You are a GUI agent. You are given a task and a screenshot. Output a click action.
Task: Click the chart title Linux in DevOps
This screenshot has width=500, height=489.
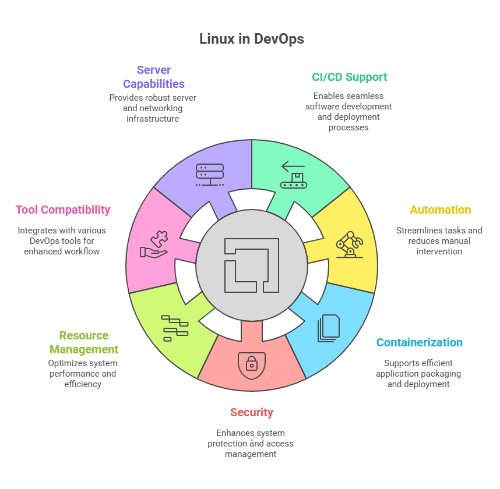(251, 39)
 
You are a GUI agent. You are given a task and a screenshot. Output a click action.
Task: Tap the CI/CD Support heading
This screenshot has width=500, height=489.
(349, 77)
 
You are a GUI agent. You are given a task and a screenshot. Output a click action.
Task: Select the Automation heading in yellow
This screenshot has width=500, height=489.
(440, 210)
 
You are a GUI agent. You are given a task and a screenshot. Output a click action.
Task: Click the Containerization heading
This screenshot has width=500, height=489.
(419, 342)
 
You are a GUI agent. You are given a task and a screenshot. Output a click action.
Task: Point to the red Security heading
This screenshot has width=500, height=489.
(251, 412)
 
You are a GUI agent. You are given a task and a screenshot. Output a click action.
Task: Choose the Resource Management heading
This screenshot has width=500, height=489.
(83, 342)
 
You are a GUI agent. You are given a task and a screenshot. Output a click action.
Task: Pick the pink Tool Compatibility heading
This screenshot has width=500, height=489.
(63, 210)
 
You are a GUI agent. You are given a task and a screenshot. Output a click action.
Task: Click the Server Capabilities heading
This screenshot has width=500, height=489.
(153, 77)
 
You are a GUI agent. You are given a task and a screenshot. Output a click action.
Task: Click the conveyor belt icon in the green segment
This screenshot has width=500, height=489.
(293, 175)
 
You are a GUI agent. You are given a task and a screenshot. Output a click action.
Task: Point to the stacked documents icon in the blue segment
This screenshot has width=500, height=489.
(328, 328)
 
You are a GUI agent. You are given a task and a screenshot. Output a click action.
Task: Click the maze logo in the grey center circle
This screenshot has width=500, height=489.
(251, 265)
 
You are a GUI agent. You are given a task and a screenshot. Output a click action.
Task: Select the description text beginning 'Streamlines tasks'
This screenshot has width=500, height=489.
(439, 241)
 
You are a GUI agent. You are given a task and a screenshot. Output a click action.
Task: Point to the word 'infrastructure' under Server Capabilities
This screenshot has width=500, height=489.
(153, 119)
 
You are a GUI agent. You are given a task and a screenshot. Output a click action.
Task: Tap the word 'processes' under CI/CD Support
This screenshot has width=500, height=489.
(348, 127)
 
